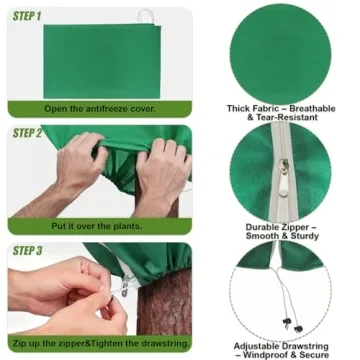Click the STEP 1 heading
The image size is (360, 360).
pos(27,16)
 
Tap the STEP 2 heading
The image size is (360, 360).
pos(27,133)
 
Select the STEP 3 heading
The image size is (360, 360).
pos(27,250)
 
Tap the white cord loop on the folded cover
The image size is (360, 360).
pos(146,16)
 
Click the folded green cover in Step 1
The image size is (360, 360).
pos(102,61)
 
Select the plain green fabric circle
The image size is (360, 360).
pos(280,54)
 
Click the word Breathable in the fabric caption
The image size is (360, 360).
pos(312,109)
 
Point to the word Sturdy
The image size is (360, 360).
pos(304,236)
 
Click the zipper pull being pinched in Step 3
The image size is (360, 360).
pos(125,286)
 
